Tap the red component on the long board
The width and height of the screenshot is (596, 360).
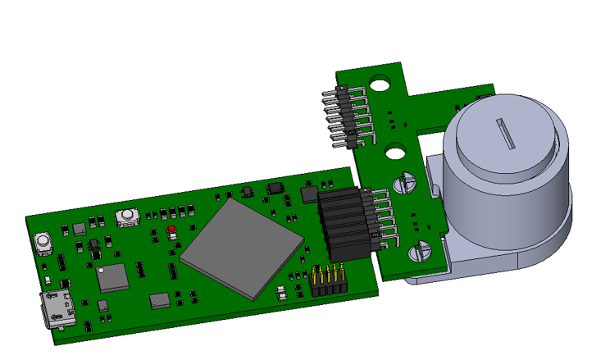click(171, 230)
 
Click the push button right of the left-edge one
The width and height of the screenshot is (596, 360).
click(126, 217)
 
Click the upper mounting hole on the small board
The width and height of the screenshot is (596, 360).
click(379, 84)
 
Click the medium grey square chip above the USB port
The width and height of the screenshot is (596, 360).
click(112, 278)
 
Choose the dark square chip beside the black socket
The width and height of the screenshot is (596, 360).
click(309, 194)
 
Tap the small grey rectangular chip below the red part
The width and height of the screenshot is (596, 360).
click(159, 300)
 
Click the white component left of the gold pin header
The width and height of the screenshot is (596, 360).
click(281, 289)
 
